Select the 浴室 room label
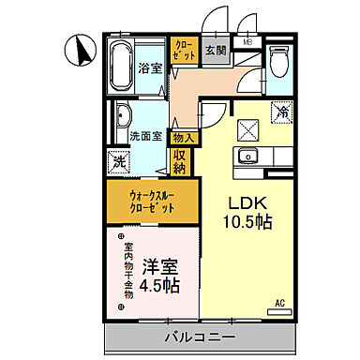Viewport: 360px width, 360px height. pos(150,68)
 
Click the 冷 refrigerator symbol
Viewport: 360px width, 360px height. pos(281,112)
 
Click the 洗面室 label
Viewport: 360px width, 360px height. pos(146,134)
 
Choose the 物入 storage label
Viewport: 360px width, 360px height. pos(184,138)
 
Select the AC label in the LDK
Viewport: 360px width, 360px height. pos(279,304)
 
